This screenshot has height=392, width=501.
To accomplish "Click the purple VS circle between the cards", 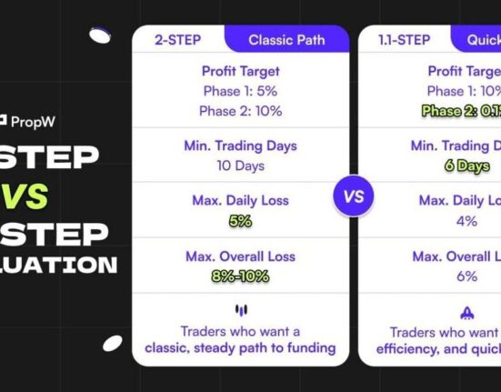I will [353, 196].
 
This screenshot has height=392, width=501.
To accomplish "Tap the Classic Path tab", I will [286, 41].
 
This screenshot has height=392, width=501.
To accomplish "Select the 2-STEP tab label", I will [177, 41].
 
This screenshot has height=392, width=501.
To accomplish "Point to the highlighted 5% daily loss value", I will [241, 221].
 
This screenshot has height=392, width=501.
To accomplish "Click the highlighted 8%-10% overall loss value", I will [241, 276].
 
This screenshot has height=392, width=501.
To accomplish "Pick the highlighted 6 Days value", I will [467, 166].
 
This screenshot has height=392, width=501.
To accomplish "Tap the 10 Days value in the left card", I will [241, 166].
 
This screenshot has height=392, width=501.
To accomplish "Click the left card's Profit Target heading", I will [241, 71].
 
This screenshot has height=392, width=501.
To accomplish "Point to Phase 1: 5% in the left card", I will [241, 91].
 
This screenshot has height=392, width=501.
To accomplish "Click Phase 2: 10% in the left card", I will [241, 111].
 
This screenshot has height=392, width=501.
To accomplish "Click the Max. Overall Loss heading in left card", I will [241, 256].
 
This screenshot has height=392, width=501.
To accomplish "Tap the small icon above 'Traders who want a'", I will [241, 311].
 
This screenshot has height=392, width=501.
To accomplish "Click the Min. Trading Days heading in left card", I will [241, 146].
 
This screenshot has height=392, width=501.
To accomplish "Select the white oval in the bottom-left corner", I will [112, 343].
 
